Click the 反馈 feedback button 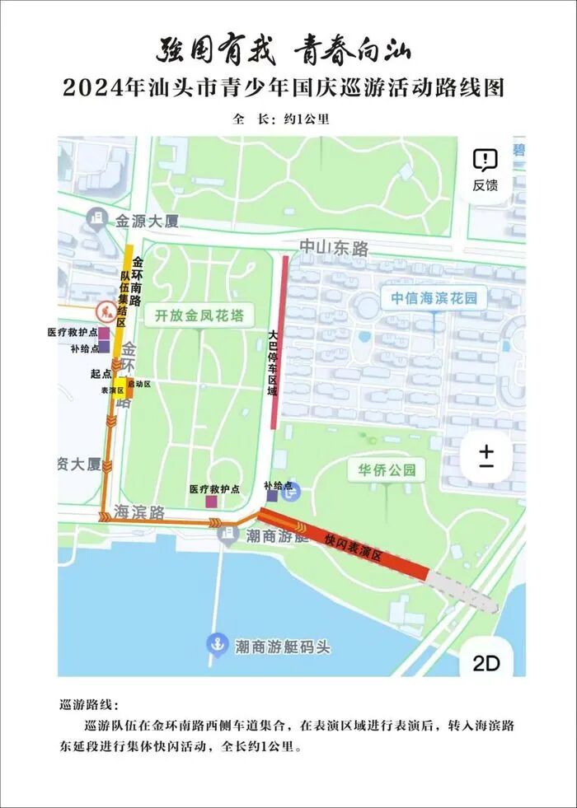tap(486, 170)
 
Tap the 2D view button tap(486, 663)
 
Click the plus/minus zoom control tap(486, 455)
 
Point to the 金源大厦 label tap(147, 221)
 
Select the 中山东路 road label tap(333, 247)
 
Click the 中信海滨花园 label tap(434, 298)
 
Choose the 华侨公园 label tap(386, 471)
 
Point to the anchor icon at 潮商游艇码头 tap(217, 642)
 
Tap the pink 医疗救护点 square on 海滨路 tap(212, 501)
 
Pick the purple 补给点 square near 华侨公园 tap(272, 496)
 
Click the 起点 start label tap(101, 373)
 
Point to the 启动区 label tap(139, 384)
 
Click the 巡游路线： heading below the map tap(90, 705)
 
